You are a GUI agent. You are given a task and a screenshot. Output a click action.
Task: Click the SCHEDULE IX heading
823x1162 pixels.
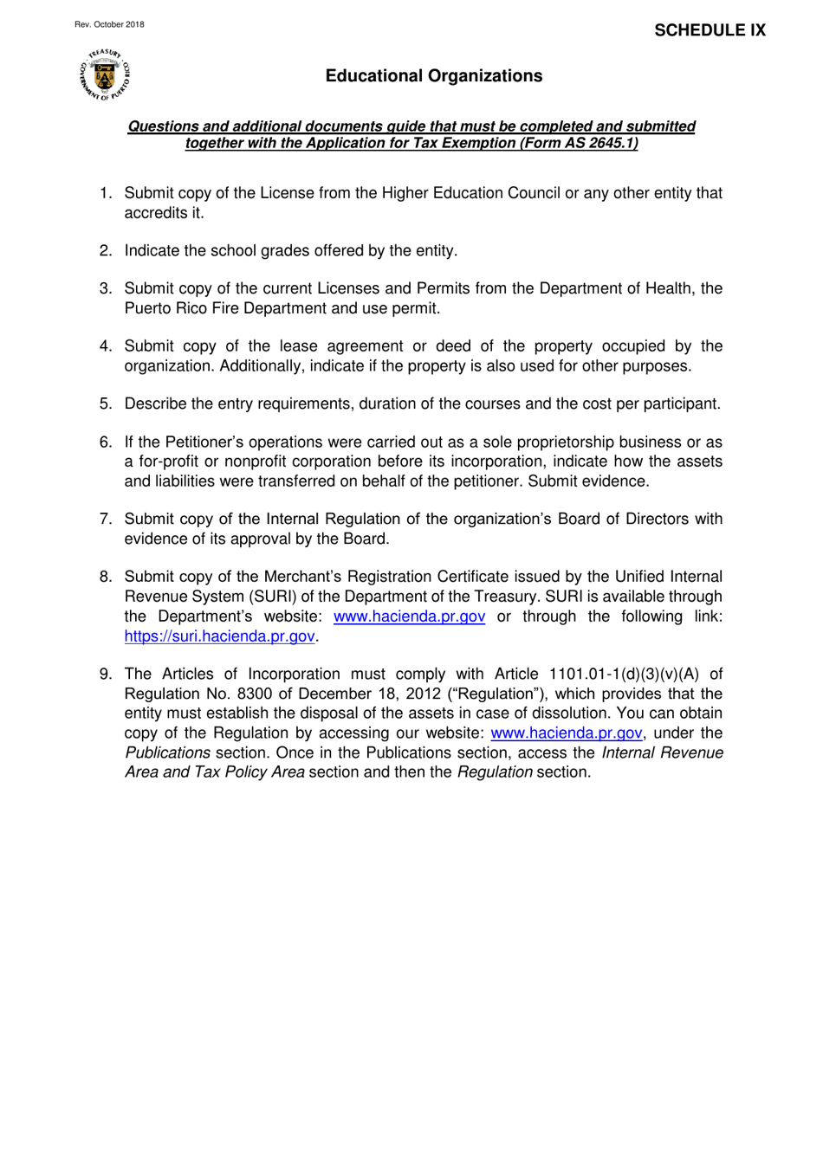click(710, 30)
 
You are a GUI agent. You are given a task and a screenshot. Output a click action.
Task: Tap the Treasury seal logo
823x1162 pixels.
click(105, 75)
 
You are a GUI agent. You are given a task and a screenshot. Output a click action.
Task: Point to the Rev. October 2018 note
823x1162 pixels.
click(109, 24)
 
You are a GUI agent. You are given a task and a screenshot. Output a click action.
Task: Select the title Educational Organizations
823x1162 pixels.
click(433, 76)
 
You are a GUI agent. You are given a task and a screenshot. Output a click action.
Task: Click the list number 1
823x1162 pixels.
click(105, 193)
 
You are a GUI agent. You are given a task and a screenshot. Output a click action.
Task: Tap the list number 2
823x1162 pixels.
click(105, 251)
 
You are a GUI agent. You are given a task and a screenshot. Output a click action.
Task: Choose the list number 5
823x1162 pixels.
click(105, 404)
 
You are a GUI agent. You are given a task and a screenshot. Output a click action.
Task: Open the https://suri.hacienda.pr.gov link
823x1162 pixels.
click(219, 636)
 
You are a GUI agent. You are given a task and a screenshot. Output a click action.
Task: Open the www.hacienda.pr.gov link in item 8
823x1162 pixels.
click(409, 617)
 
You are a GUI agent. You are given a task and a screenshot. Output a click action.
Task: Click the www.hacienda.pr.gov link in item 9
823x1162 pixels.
click(566, 733)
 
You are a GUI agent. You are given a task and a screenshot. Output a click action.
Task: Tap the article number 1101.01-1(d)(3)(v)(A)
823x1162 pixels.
click(624, 675)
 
